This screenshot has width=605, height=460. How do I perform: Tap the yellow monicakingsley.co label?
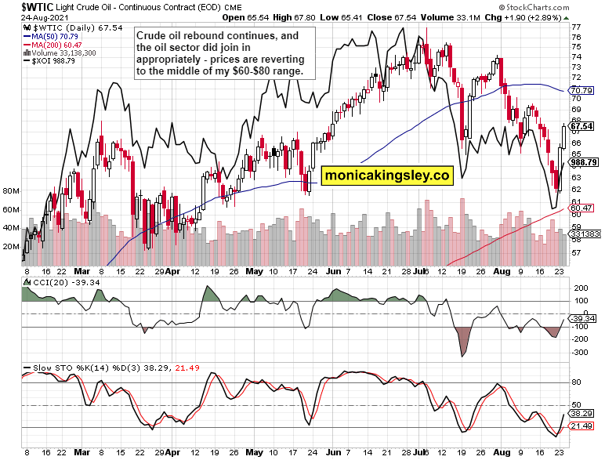point(386,176)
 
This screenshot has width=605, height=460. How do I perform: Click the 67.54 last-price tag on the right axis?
point(581,126)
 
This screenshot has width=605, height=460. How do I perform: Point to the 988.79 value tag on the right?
point(584,162)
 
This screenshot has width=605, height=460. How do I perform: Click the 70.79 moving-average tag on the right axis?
point(581,91)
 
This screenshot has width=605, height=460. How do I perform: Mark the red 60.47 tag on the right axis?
point(581,208)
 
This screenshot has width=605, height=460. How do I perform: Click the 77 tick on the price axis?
point(577,27)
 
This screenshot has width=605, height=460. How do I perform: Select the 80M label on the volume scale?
point(11,190)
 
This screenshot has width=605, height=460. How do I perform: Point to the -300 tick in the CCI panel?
point(581,353)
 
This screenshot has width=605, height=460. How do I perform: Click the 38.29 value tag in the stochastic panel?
point(581,412)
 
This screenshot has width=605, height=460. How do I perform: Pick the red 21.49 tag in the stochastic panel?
point(581,426)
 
